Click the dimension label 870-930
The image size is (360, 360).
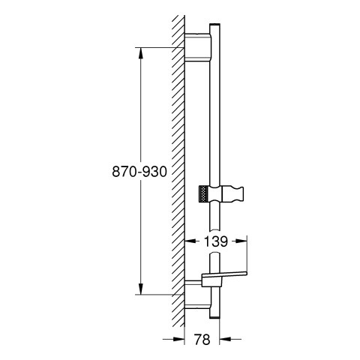click(x=139, y=172)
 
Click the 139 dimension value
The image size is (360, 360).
click(x=216, y=241)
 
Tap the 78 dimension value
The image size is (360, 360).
click(x=202, y=340)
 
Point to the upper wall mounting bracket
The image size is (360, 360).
click(x=198, y=47)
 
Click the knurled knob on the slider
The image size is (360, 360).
click(x=204, y=193)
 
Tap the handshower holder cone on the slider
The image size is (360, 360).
click(x=232, y=193)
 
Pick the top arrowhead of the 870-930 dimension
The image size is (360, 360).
click(x=141, y=53)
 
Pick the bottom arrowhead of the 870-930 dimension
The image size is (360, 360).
click(x=141, y=289)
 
